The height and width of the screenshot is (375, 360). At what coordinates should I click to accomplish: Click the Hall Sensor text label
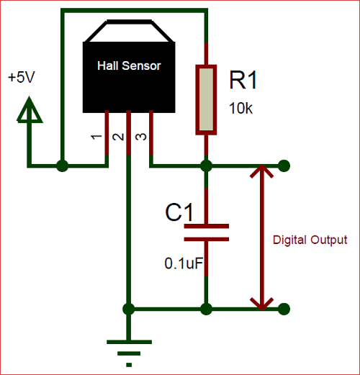click(x=130, y=65)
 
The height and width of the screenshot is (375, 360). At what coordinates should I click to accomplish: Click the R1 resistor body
click(x=206, y=99)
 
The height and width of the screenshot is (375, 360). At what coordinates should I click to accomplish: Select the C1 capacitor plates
click(x=206, y=232)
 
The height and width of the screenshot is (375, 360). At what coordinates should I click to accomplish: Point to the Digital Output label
click(x=310, y=240)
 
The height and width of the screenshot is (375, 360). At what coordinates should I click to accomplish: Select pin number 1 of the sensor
click(x=96, y=137)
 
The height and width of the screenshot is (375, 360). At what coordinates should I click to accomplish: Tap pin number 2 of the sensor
click(x=117, y=137)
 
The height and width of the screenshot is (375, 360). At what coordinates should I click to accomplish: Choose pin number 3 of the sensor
click(x=140, y=137)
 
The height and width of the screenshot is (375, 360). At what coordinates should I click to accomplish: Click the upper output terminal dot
click(x=286, y=166)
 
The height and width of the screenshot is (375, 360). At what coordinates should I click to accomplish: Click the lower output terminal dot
click(x=286, y=310)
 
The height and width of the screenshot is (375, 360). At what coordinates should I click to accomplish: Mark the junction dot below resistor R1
click(x=206, y=166)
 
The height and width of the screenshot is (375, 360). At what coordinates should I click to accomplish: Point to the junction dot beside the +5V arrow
click(x=63, y=166)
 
